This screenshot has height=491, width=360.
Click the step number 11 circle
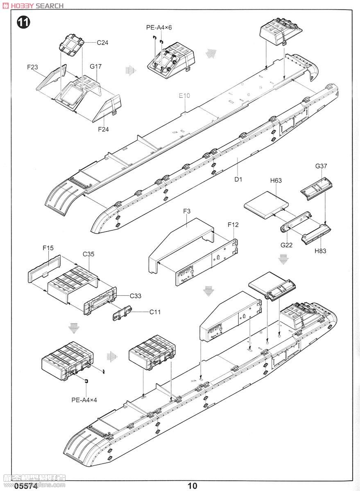(x=23, y=23)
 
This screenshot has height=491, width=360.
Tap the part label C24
(x=102, y=43)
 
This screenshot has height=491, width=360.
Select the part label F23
(x=33, y=67)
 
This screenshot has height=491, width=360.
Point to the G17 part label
(x=96, y=66)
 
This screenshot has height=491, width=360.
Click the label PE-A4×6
(x=159, y=27)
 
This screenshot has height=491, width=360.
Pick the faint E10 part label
(x=185, y=96)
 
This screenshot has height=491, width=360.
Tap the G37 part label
(x=322, y=167)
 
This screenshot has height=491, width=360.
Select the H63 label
(x=276, y=180)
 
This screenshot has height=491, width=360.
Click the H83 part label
(x=321, y=251)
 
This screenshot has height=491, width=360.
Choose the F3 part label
(x=187, y=211)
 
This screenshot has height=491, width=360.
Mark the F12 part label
(x=233, y=225)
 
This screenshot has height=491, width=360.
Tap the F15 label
(x=48, y=248)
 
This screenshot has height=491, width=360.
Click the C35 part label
(x=88, y=254)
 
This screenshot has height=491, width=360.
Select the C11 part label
(x=155, y=312)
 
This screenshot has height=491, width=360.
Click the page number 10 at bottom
(x=192, y=486)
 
